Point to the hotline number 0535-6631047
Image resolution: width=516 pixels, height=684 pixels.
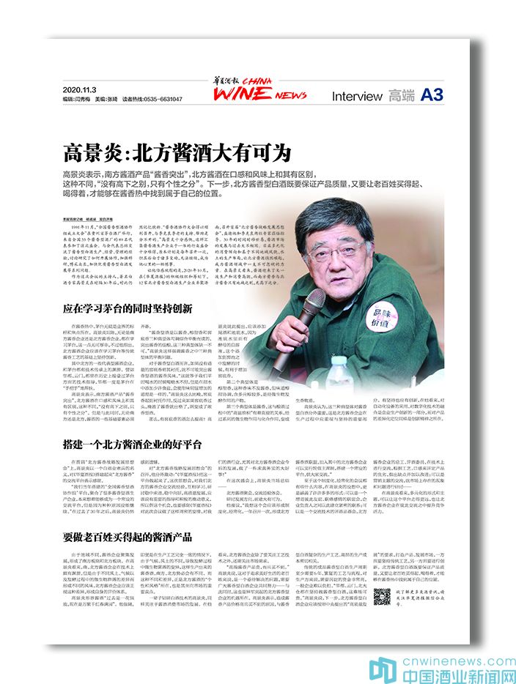(x=162, y=98)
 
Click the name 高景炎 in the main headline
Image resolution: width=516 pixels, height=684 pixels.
(x=86, y=155)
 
